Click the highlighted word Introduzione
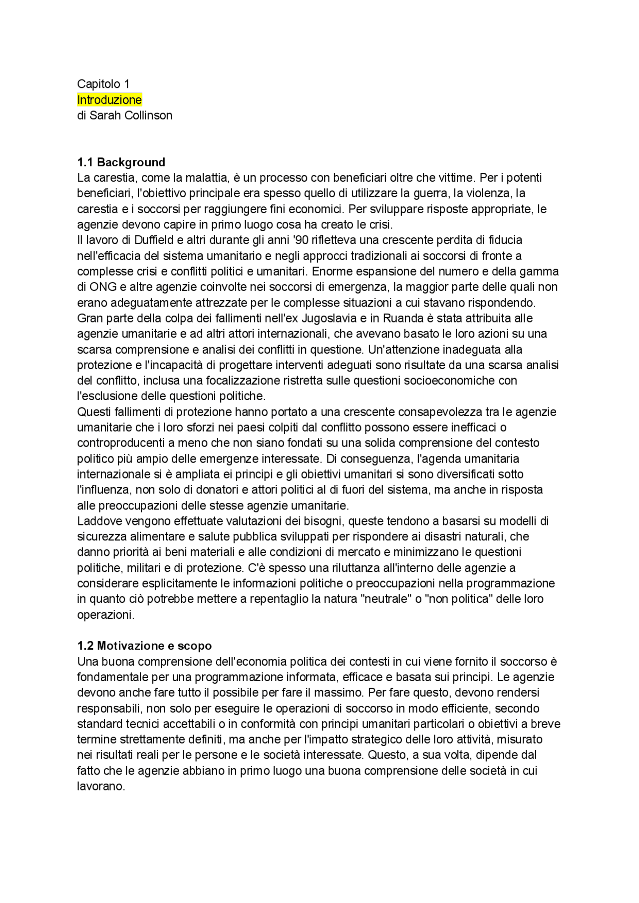[109, 100]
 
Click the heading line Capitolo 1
[103, 84]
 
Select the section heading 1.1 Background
[121, 162]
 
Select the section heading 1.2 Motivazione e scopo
[144, 646]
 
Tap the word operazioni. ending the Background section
[106, 615]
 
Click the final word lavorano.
[101, 787]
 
